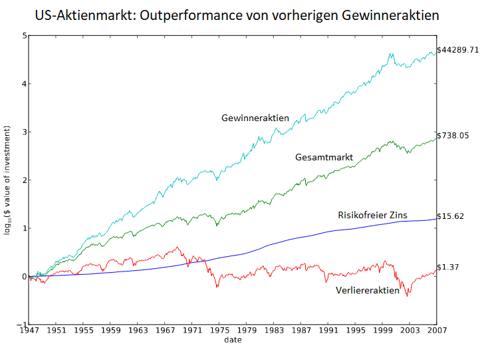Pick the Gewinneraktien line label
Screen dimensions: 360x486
click(x=255, y=118)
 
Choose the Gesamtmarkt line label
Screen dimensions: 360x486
click(x=324, y=157)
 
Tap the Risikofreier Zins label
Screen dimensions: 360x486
click(x=372, y=215)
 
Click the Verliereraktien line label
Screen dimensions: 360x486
click(x=368, y=290)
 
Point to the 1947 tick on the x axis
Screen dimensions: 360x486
click(x=29, y=331)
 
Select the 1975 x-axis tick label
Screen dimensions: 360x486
click(x=219, y=331)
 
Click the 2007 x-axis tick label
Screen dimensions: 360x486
click(x=436, y=331)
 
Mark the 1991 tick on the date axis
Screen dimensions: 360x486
click(x=328, y=331)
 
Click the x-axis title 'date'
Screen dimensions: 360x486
click(x=233, y=340)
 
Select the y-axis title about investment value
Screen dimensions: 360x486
click(x=7, y=180)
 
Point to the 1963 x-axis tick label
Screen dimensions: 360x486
click(x=138, y=331)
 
